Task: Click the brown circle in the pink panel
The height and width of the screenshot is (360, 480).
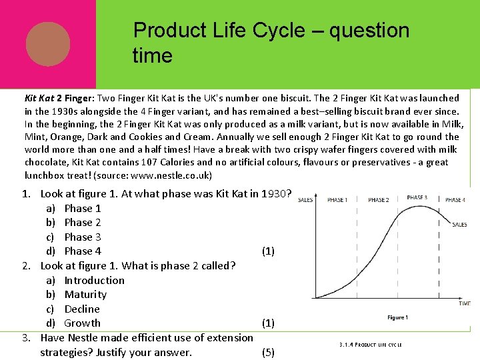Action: pos(48,44)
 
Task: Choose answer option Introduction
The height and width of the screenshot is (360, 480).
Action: pos(94,281)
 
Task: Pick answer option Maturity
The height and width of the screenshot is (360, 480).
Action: pos(85,295)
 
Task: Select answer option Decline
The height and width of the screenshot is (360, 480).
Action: pos(82,309)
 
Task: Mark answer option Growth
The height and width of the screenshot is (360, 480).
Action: pos(82,323)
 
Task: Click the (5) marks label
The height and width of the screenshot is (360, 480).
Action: pos(268,353)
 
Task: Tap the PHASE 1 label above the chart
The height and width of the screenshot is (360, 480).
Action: pos(337,200)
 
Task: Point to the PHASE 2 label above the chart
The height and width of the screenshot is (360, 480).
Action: pos(378,200)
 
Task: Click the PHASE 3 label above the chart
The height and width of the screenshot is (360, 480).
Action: pos(417,198)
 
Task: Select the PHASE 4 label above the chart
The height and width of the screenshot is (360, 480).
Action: pos(455,200)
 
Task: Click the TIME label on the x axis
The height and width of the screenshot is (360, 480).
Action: pos(464,303)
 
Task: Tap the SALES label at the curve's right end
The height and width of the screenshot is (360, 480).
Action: pos(459,225)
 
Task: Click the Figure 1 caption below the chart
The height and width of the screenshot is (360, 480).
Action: pos(397,317)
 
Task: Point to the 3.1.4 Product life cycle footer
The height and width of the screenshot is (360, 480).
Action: pos(370,345)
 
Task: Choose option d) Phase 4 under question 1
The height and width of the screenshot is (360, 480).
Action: pos(83,251)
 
